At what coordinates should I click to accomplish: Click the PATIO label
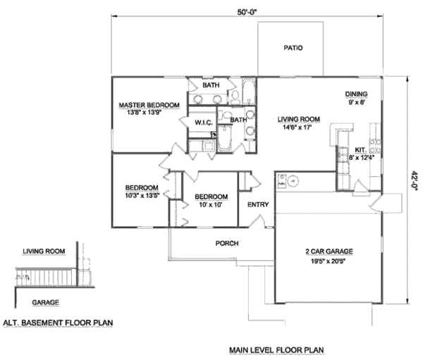(293, 49)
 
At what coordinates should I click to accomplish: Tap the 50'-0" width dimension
(252, 12)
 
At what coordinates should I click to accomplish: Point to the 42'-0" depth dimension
(414, 180)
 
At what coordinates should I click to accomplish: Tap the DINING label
(356, 94)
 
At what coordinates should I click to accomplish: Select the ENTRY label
(257, 205)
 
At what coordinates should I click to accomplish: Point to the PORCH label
(226, 244)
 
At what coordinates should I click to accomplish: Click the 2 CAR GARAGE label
(329, 252)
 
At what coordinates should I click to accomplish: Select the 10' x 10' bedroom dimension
(211, 205)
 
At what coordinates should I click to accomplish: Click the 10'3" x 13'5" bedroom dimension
(142, 195)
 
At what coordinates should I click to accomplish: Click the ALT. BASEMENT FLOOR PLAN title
(58, 322)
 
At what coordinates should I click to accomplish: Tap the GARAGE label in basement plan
(44, 302)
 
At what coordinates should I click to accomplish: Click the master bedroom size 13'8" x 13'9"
(149, 112)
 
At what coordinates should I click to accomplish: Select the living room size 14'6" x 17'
(294, 128)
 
